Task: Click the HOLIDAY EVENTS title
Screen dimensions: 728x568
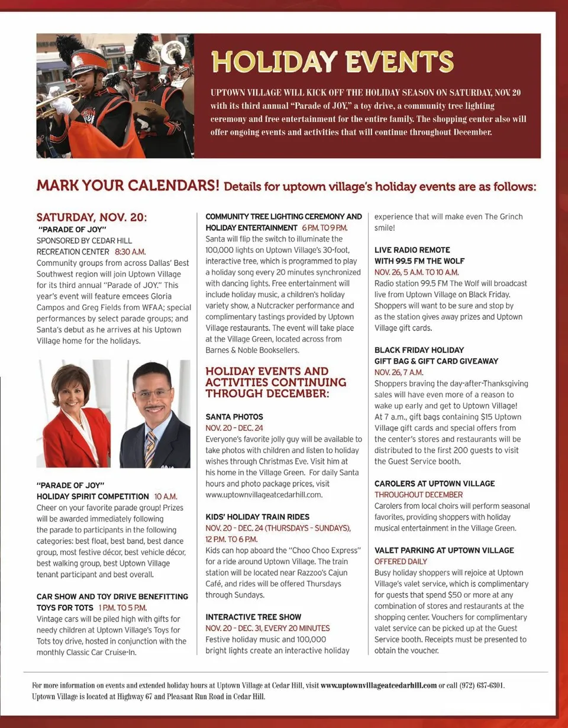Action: pyautogui.click(x=332, y=62)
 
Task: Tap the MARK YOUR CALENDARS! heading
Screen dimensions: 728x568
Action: pyautogui.click(x=128, y=186)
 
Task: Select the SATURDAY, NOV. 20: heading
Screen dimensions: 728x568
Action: pyautogui.click(x=92, y=217)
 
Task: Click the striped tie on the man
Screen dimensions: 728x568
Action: pyautogui.click(x=150, y=448)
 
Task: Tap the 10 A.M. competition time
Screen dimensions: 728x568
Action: pyautogui.click(x=166, y=496)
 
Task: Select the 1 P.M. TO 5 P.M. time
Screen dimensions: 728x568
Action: pyautogui.click(x=122, y=607)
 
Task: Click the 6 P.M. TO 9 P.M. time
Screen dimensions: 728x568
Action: pyautogui.click(x=324, y=228)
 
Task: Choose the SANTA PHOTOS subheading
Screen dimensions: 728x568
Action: pyautogui.click(x=234, y=417)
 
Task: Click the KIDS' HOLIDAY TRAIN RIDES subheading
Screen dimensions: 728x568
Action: pyautogui.click(x=257, y=517)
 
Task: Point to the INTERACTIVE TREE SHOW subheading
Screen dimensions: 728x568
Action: pyautogui.click(x=253, y=617)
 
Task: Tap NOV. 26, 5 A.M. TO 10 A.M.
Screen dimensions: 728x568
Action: pyautogui.click(x=417, y=272)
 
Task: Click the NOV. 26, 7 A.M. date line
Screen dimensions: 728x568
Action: pyautogui.click(x=399, y=372)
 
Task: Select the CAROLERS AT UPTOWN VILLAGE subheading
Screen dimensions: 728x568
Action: pyautogui.click(x=435, y=484)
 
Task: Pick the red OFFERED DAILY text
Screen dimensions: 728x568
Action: pyautogui.click(x=401, y=561)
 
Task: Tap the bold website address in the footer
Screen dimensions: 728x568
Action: pyautogui.click(x=379, y=685)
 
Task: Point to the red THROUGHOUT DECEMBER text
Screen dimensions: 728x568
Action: pyautogui.click(x=418, y=495)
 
